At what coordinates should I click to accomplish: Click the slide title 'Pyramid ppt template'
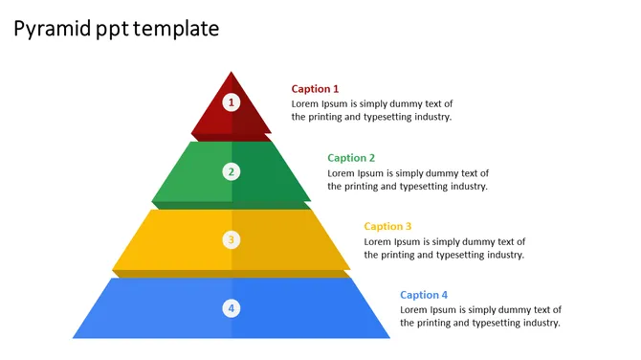tap(117, 30)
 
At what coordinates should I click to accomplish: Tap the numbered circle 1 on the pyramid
tap(231, 101)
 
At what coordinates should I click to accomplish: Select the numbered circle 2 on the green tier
tap(231, 172)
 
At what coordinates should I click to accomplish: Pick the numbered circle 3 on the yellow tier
tap(231, 240)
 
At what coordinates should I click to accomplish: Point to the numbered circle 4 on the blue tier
tap(231, 308)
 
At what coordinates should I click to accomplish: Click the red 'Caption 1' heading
tap(315, 89)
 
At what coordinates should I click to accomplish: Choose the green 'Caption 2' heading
tap(351, 158)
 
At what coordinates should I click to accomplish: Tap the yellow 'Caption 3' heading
tap(387, 227)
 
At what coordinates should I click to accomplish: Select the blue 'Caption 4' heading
tap(424, 296)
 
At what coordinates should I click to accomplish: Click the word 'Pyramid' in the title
tap(52, 30)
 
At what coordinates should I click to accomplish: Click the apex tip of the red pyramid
tap(231, 73)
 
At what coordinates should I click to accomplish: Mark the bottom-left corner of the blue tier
tap(74, 337)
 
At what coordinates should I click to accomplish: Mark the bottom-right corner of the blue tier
tap(389, 337)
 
